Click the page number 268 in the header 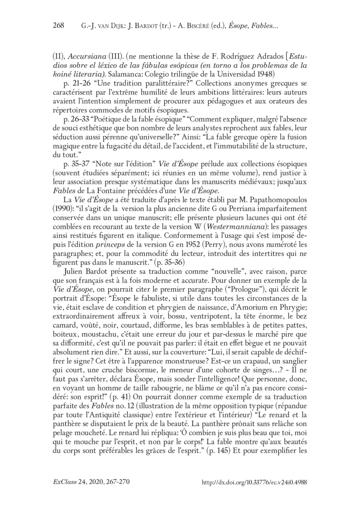(59, 26)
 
